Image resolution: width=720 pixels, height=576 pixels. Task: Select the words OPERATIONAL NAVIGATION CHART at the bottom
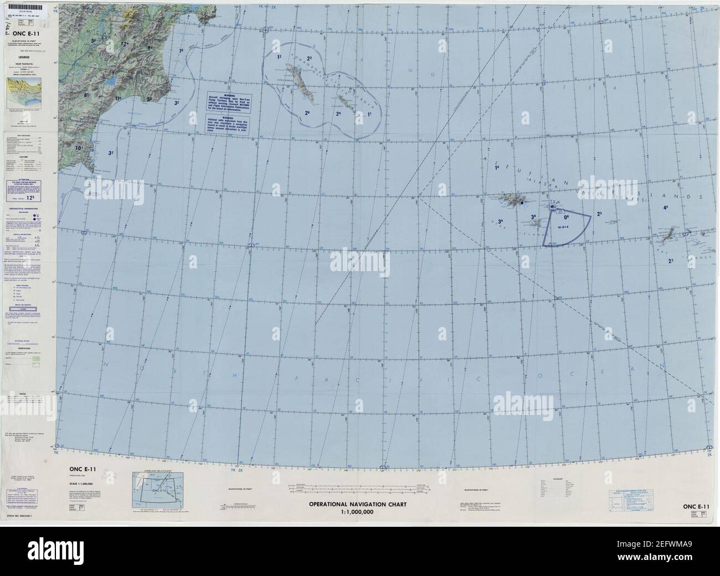[361, 504]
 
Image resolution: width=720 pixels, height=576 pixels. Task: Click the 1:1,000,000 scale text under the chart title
[361, 512]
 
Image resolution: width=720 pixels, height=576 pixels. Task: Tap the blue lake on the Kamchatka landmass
[111, 81]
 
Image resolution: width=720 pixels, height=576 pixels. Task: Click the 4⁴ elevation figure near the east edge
[666, 208]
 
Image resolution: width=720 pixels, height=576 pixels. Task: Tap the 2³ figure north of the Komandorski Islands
[310, 58]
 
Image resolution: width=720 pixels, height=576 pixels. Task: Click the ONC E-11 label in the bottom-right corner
[696, 506]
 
